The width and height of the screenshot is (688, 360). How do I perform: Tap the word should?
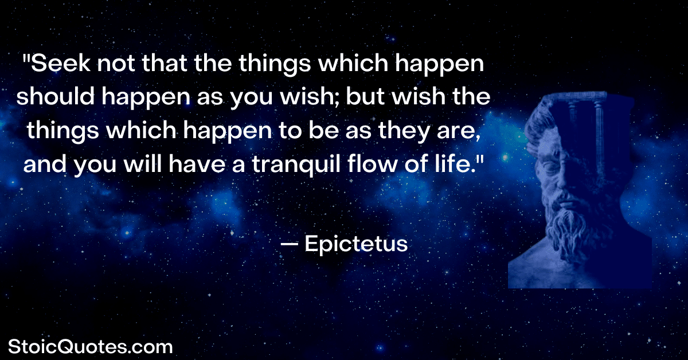[56, 96]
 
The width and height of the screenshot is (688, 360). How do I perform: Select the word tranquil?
[296, 165]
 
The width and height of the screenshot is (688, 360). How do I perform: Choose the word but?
[365, 96]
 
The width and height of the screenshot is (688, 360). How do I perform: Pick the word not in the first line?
[116, 64]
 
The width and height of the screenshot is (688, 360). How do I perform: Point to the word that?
[165, 63]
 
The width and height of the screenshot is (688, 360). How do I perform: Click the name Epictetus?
[356, 244]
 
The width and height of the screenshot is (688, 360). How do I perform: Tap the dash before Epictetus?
[290, 244]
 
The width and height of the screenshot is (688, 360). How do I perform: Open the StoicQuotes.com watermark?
[91, 347]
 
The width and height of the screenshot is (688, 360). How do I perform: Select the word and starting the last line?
[45, 163]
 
